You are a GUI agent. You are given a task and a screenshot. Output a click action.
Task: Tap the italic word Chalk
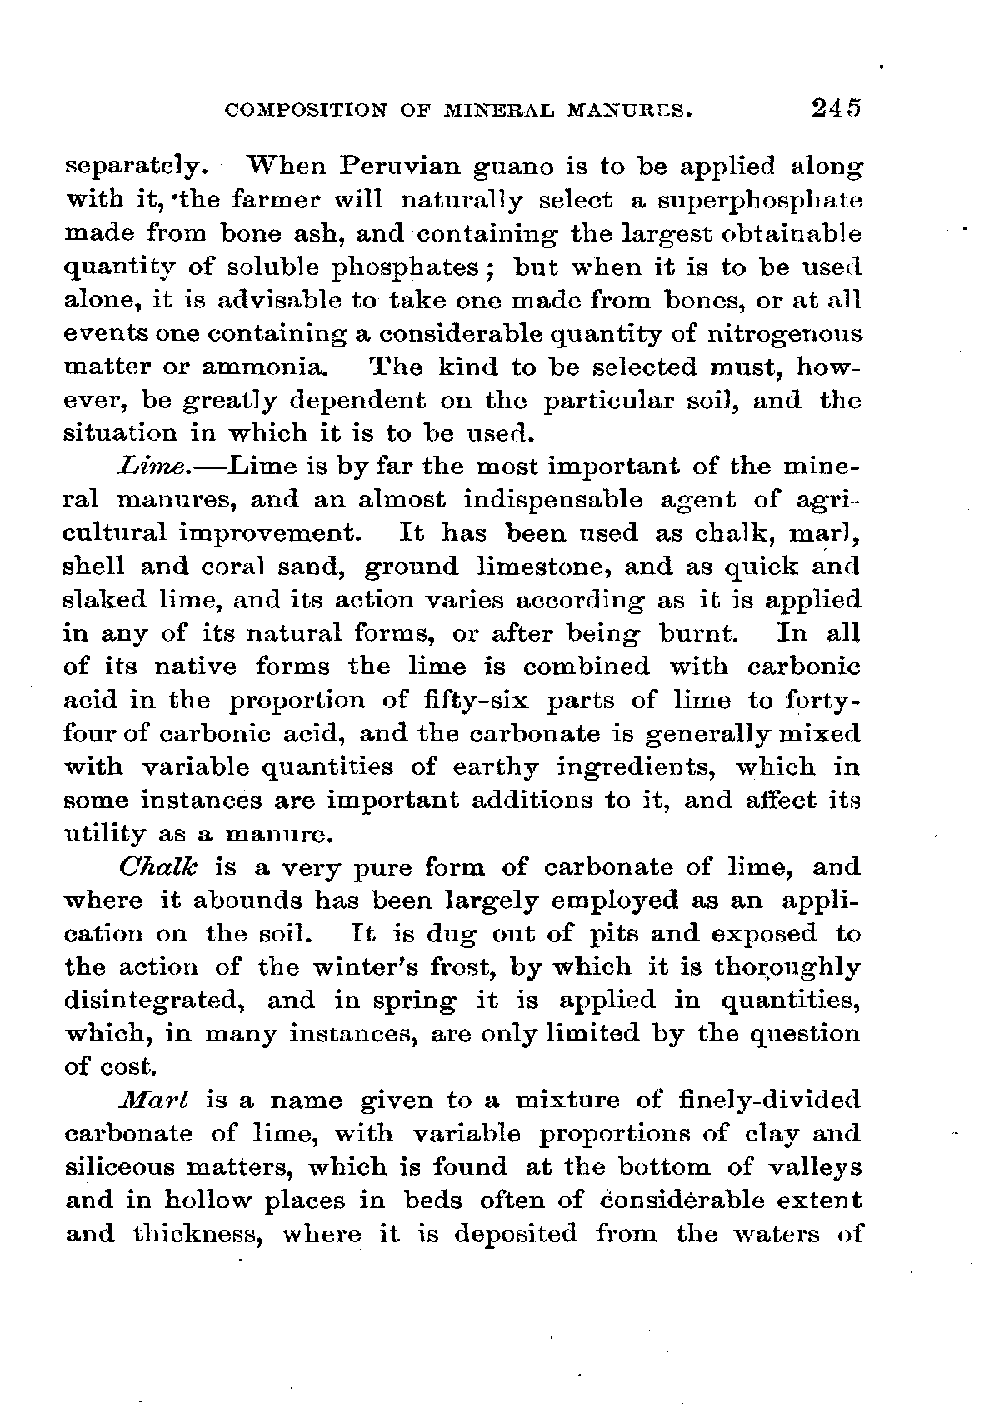point(162,867)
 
